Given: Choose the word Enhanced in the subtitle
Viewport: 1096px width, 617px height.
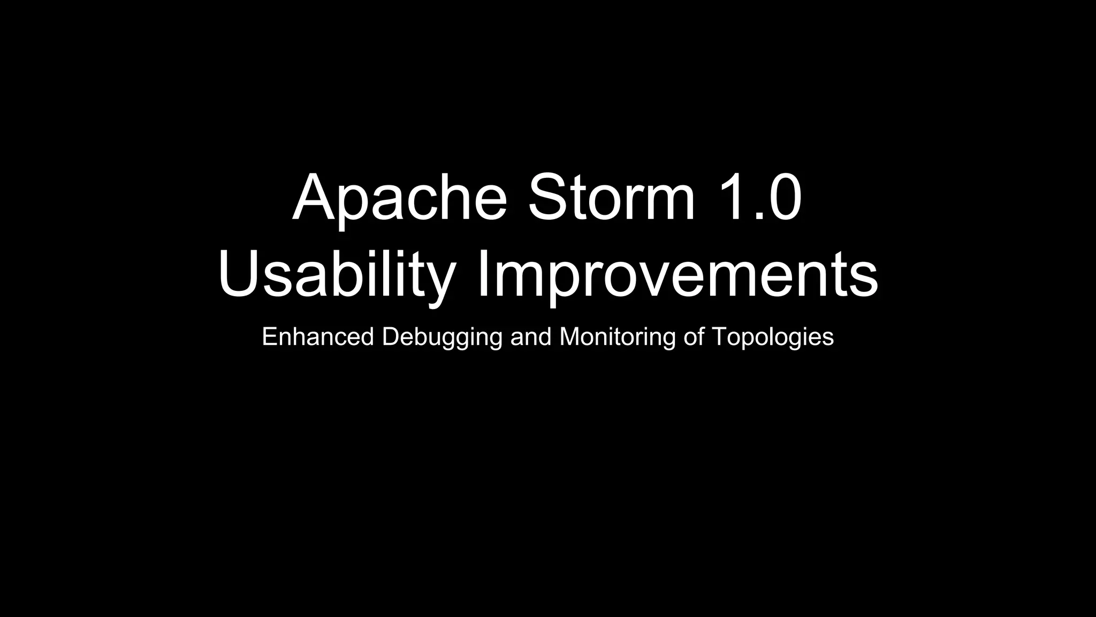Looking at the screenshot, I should pyautogui.click(x=317, y=337).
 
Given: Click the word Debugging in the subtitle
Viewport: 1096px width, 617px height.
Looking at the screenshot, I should pyautogui.click(x=442, y=337).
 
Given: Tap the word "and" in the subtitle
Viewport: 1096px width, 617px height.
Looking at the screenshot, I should pyautogui.click(x=530, y=337).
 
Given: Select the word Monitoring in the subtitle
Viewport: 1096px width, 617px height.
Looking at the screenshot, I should pyautogui.click(x=617, y=337).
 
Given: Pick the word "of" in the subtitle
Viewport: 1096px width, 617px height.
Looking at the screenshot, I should pyautogui.click(x=694, y=337).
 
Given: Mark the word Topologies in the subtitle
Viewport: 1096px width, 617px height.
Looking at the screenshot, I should pyautogui.click(x=773, y=337).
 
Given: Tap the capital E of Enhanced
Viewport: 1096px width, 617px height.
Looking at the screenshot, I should pyautogui.click(x=269, y=337).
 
